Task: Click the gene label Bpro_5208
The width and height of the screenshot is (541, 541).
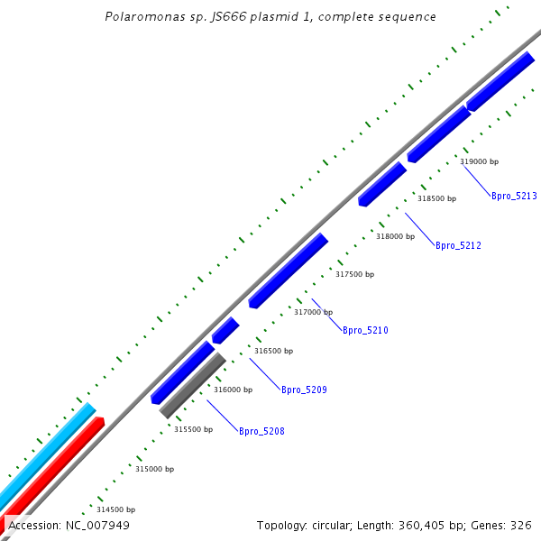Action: (x=261, y=431)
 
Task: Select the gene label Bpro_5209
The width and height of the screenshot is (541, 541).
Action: (x=304, y=390)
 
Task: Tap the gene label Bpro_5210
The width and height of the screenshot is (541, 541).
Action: (x=365, y=330)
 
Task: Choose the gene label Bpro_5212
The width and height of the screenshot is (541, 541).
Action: (x=458, y=245)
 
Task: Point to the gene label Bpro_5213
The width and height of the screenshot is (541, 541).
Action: (x=514, y=196)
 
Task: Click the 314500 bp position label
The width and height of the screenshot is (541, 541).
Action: (x=115, y=509)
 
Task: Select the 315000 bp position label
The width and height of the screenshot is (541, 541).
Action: (x=154, y=469)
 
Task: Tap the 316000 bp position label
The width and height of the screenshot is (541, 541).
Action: (x=233, y=390)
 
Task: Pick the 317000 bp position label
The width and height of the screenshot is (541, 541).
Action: (x=313, y=312)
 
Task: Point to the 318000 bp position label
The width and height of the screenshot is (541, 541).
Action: (x=395, y=236)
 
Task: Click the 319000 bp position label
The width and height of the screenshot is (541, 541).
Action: (x=479, y=161)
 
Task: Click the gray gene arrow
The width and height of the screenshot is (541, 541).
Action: (x=192, y=385)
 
